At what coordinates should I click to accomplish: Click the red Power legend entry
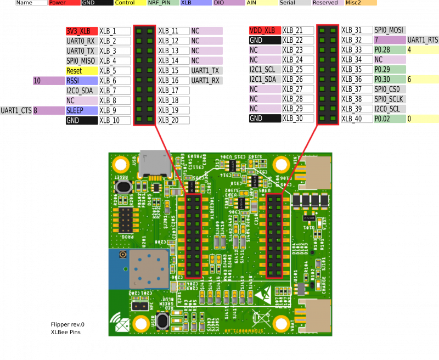(x=64, y=3)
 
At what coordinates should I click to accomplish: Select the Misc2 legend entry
(x=361, y=3)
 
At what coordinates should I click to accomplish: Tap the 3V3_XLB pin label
(x=82, y=31)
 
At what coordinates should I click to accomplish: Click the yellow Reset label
(x=82, y=71)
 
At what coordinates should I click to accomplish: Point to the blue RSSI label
(x=82, y=81)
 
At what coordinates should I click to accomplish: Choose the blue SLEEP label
(x=82, y=110)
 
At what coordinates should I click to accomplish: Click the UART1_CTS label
(x=16, y=110)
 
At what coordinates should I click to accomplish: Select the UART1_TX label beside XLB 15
(x=207, y=71)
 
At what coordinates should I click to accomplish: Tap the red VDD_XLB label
(x=264, y=30)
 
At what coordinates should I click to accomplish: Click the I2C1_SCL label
(x=264, y=70)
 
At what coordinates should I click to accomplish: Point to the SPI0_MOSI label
(x=390, y=30)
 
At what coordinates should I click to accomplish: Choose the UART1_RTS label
(x=422, y=40)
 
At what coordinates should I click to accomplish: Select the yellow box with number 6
(x=422, y=80)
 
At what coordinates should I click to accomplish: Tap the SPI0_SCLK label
(x=390, y=99)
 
